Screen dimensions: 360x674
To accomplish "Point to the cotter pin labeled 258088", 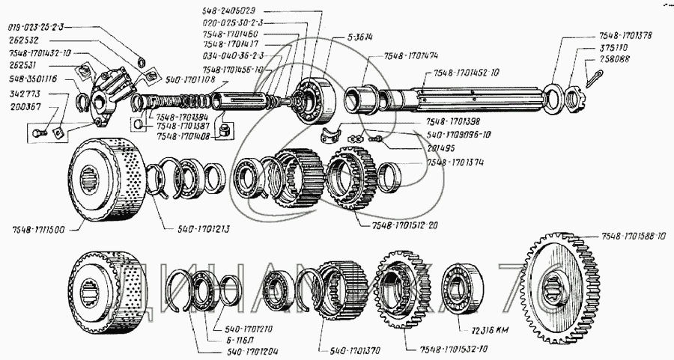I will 596,74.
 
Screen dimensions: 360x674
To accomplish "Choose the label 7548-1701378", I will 626,36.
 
